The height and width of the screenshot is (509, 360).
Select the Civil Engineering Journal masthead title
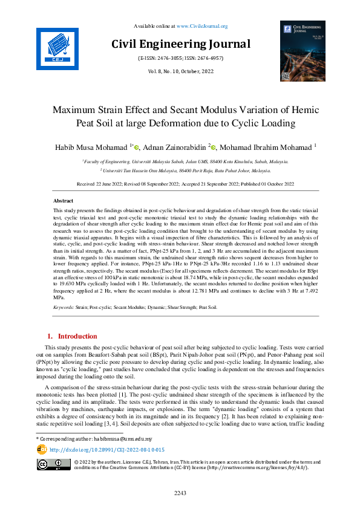(180, 44)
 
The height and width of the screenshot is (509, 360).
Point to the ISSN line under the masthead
(180, 58)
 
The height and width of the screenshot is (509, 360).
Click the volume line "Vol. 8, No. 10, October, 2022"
(180, 71)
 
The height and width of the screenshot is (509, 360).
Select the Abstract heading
(64, 201)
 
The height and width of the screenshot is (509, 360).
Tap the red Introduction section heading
(76, 336)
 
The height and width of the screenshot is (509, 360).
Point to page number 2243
(180, 494)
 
